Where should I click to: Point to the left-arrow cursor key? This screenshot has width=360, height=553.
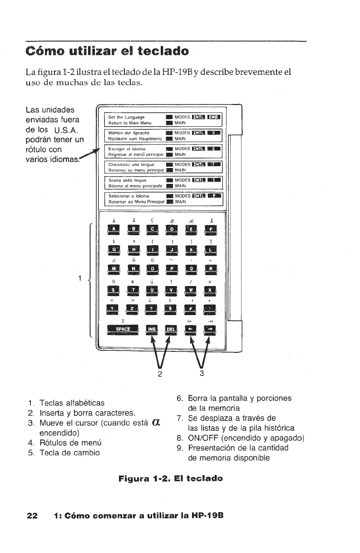[191, 329]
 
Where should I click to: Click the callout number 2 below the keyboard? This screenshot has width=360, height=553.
[159, 374]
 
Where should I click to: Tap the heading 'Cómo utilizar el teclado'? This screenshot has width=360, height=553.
[107, 50]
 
